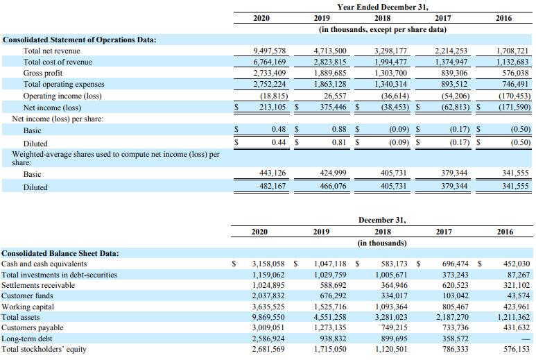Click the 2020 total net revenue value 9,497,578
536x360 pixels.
269,51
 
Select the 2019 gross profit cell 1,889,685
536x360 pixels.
330,73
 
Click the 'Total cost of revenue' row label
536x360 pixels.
58,62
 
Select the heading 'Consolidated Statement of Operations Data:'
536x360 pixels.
79,40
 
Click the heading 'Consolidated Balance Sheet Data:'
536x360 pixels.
60,253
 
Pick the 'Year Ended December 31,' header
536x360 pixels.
383,7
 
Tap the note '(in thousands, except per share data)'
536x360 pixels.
383,29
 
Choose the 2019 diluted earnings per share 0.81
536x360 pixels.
339,142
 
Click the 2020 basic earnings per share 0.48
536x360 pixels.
279,129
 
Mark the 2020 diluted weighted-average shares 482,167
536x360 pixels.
273,186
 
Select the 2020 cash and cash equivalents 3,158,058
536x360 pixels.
268,264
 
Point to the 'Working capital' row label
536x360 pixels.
28,307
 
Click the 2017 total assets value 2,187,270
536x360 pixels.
452,317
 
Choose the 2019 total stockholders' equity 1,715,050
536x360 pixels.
330,349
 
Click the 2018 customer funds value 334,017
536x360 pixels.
394,295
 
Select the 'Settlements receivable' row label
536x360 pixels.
38,285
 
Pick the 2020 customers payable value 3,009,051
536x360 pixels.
268,327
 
